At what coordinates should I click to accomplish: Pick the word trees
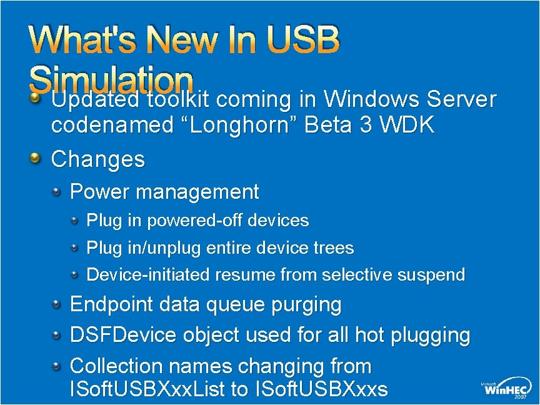[x=334, y=248]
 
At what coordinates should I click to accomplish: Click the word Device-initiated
[x=148, y=274]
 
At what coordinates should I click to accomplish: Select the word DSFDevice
[x=123, y=335]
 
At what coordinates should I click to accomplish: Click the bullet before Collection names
[x=57, y=365]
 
